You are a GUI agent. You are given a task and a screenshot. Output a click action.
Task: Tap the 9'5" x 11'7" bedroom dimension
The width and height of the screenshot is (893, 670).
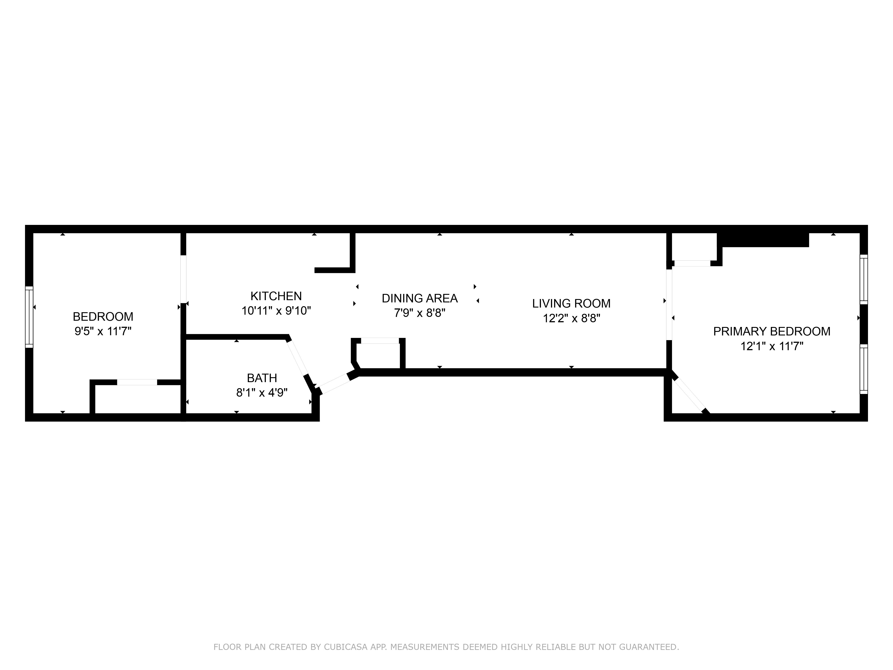coord(103,332)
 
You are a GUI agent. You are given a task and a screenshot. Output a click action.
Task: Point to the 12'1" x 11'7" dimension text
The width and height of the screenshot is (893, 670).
coord(772,346)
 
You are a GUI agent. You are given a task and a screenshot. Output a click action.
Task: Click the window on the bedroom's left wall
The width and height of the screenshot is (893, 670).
coord(29,317)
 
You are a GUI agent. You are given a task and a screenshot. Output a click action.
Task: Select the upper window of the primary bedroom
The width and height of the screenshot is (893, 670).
coord(864,279)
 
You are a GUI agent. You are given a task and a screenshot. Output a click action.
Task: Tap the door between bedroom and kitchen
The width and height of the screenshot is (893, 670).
coord(183,279)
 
